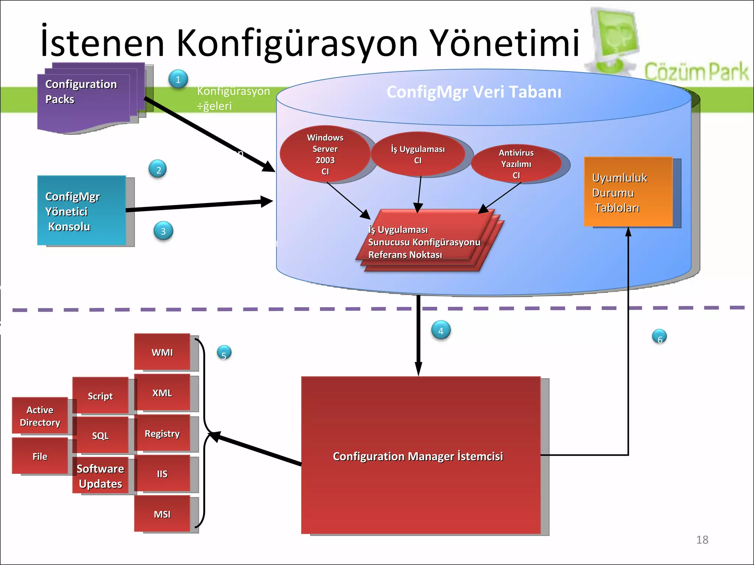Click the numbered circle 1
(178, 79)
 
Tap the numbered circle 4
(441, 330)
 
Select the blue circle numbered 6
(659, 337)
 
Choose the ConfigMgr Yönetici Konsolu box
(81, 211)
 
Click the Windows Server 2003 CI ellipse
(325, 154)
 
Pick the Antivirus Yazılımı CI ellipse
(516, 164)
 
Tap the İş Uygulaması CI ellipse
(418, 154)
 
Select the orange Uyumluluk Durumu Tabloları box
(628, 192)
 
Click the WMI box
(162, 352)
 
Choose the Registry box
(162, 433)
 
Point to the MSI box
(162, 514)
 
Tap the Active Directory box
(40, 416)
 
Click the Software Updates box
(101, 476)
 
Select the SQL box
(101, 436)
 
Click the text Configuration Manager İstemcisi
(418, 456)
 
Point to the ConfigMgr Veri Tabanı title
(474, 92)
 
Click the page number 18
(702, 540)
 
